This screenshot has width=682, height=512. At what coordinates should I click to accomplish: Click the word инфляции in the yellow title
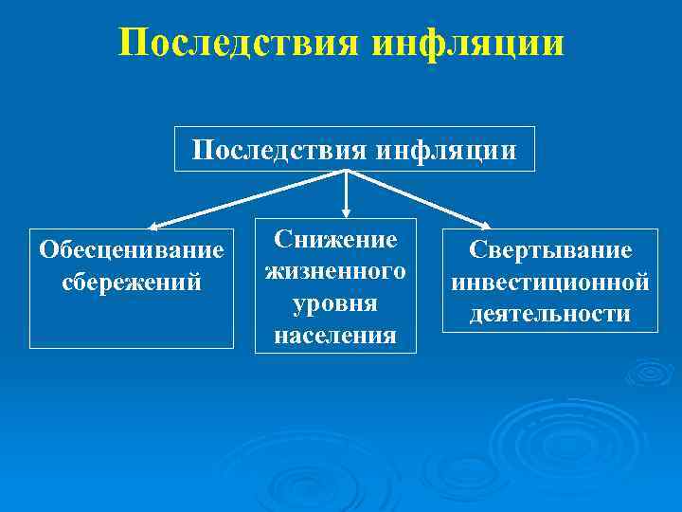[x=469, y=43]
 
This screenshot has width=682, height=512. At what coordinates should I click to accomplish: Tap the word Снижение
[x=336, y=238]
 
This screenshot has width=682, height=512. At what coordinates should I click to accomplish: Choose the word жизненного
[x=336, y=271]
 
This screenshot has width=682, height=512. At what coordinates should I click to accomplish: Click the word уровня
[x=336, y=303]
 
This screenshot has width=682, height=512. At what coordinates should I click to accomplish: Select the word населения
[x=336, y=336]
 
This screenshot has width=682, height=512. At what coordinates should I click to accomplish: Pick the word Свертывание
[x=550, y=250]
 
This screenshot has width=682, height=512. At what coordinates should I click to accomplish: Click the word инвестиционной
[x=550, y=282]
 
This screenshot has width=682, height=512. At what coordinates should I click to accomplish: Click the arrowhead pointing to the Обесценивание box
[x=156, y=225]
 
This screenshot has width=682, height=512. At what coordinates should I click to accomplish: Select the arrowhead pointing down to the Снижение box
[x=347, y=214]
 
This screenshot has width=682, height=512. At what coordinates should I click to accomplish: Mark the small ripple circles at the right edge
[x=650, y=373]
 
